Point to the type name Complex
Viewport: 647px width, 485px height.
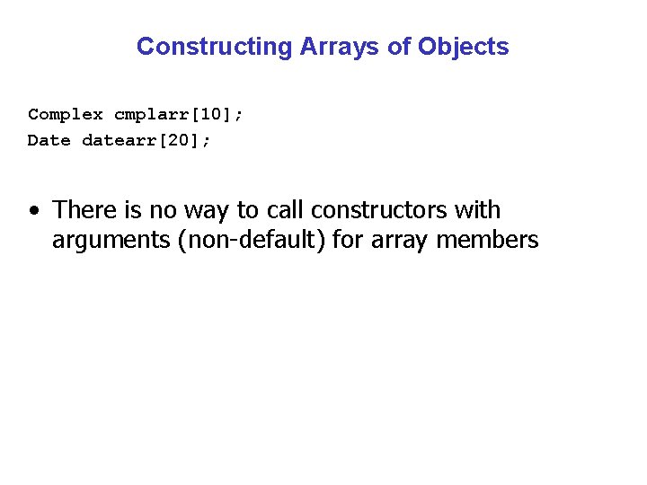(x=66, y=114)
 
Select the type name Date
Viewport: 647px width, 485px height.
(x=49, y=140)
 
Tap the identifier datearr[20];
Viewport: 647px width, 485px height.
(x=146, y=140)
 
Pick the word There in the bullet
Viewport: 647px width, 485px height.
(x=84, y=210)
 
